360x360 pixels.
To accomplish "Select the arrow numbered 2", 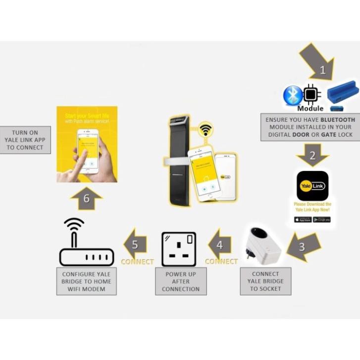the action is tap(312, 155).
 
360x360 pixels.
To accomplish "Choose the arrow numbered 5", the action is tap(136, 243).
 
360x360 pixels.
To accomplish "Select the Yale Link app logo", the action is tap(312, 186).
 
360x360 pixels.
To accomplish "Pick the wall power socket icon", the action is tap(179, 249).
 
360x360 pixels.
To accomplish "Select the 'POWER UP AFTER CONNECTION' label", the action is tap(180, 281).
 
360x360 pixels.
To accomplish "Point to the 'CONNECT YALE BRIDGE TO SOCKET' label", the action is tap(265, 281).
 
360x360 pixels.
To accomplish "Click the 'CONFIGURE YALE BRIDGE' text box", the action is tap(87, 281).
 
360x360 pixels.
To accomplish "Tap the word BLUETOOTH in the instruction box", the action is tap(338, 120).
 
